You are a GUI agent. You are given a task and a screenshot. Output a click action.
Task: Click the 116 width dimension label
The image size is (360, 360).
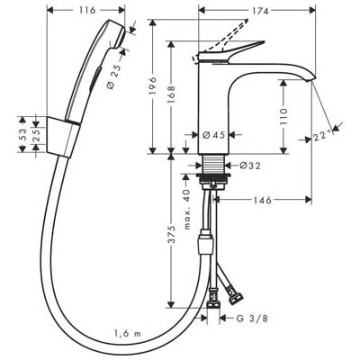[87, 10]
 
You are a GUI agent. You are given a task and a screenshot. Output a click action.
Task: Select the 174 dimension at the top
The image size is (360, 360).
[260, 11]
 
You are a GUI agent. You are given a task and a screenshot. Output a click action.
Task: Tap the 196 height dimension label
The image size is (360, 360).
[153, 85]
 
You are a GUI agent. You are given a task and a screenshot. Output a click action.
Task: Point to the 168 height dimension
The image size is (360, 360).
[171, 94]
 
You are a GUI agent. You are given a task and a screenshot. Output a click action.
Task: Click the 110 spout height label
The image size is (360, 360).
[283, 116]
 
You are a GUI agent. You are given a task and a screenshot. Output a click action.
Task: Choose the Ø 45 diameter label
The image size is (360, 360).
[213, 135]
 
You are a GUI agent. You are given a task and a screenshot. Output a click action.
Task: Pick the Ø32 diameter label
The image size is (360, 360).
[250, 166]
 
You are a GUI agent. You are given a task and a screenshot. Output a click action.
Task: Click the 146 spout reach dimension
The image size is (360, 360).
[263, 200]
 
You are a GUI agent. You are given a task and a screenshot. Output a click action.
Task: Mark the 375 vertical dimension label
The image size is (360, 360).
[171, 234]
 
